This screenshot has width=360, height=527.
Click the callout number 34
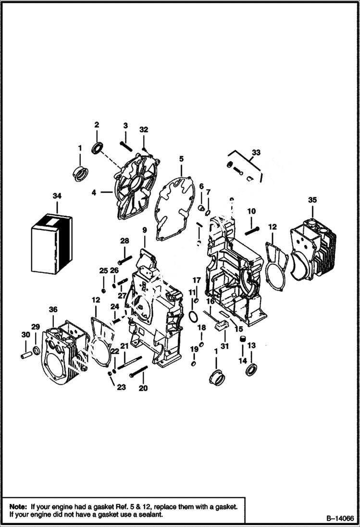[x=57, y=196]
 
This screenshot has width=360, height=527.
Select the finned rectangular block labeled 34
[x=51, y=243]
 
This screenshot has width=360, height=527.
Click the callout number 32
[x=144, y=130]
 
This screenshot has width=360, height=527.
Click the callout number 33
[x=256, y=152]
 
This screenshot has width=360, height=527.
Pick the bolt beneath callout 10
[x=252, y=229]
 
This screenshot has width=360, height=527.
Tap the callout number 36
[x=53, y=310]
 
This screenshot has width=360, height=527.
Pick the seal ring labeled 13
[x=251, y=369]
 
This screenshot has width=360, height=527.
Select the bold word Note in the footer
[x=18, y=506]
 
